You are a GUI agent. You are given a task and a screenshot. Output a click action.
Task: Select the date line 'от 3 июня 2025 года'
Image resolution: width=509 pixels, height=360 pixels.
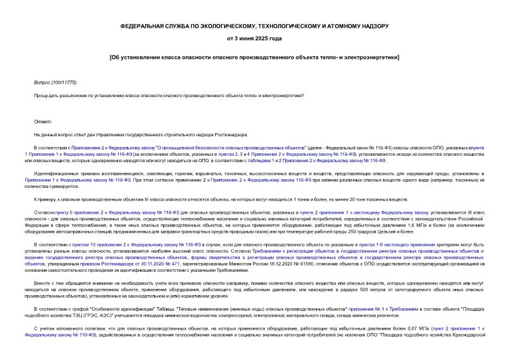pos(254,38)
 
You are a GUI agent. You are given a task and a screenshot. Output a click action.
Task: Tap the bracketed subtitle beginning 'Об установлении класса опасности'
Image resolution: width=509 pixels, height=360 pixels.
pos(254,57)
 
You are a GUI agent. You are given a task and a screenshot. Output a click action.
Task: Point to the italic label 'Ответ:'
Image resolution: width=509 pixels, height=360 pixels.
pos(43,121)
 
